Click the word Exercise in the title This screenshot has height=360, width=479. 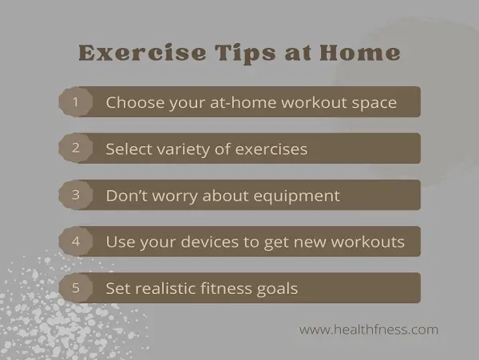click(x=142, y=53)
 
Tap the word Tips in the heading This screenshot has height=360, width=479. click(x=245, y=54)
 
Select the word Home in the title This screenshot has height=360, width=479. click(x=360, y=53)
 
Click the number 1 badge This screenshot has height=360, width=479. click(x=76, y=101)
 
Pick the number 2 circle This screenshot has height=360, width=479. click(x=76, y=148)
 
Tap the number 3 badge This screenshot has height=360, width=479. click(x=76, y=195)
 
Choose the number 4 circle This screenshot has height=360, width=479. click(x=76, y=241)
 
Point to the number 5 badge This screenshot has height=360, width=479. click(x=76, y=287)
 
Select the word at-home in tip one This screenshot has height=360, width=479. click(x=243, y=102)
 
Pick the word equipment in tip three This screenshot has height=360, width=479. click(x=297, y=196)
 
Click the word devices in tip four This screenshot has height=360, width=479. click(x=209, y=242)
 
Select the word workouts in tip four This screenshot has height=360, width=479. click(x=368, y=242)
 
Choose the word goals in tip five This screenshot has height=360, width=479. click(x=277, y=290)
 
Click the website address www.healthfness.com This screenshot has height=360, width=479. click(x=369, y=330)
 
